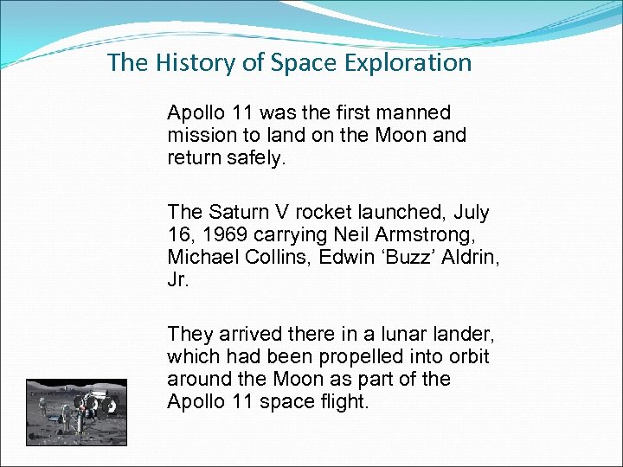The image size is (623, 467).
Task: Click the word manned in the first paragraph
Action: click(415, 112)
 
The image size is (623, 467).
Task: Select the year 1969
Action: click(222, 234)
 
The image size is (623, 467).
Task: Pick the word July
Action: click(471, 212)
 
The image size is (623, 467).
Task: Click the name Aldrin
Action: click(472, 257)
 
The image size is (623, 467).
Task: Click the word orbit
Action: click(468, 356)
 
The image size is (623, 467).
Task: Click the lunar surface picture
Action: click(76, 412)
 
